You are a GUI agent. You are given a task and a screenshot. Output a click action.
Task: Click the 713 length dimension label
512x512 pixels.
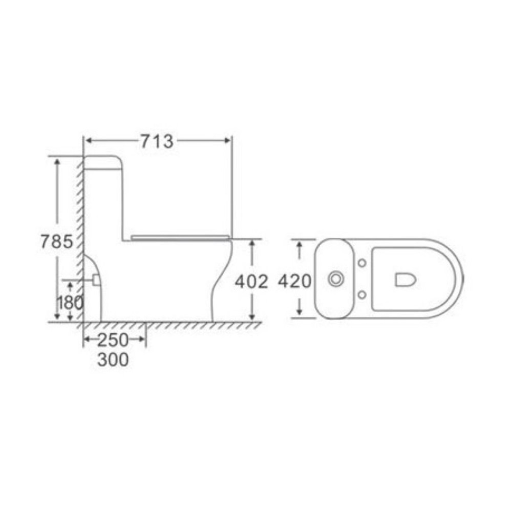pyautogui.click(x=157, y=141)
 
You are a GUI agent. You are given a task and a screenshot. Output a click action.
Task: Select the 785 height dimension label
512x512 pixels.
pyautogui.click(x=56, y=242)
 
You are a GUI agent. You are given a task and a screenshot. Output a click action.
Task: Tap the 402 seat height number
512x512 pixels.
pyautogui.click(x=251, y=282)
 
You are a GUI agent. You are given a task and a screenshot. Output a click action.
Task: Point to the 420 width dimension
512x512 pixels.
pyautogui.click(x=294, y=281)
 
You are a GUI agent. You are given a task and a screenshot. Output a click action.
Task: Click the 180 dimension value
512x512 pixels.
pyautogui.click(x=70, y=303)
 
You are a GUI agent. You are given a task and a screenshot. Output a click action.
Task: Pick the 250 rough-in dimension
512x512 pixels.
pyautogui.click(x=113, y=340)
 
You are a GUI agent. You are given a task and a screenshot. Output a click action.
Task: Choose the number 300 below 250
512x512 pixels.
pyautogui.click(x=113, y=360)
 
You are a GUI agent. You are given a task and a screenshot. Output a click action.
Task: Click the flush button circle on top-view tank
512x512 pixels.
pyautogui.click(x=336, y=279)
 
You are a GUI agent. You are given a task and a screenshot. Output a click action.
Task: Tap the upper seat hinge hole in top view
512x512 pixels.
pyautogui.click(x=362, y=263)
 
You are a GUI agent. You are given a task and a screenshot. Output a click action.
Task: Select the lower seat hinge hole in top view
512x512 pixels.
pyautogui.click(x=362, y=295)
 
